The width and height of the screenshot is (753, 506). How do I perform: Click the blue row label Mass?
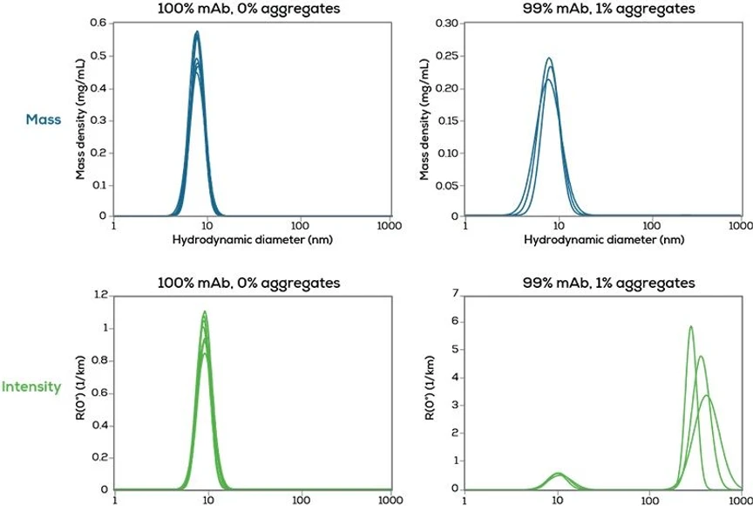tap(43, 120)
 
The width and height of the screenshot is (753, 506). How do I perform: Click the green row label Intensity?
tap(31, 386)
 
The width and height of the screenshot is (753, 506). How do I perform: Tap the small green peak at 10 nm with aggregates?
tap(559, 474)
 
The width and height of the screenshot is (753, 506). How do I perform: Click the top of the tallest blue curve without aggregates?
tap(197, 32)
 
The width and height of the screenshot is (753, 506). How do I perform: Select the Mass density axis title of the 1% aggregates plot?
tap(426, 120)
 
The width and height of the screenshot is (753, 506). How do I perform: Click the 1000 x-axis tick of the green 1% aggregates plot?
tap(739, 500)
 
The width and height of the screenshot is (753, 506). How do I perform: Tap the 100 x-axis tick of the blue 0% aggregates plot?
tap(301, 226)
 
